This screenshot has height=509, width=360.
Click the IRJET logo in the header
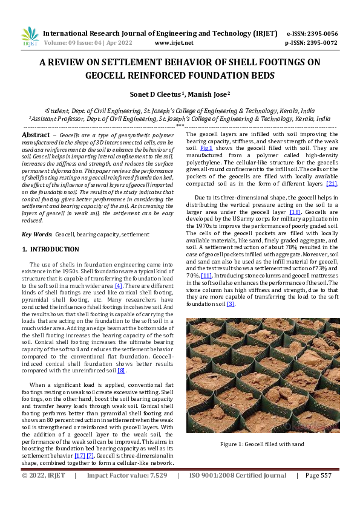pos(30,37)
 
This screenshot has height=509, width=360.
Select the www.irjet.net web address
pos(174,43)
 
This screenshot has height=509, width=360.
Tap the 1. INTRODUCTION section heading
pos(51,249)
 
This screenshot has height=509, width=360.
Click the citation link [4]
pos(119,285)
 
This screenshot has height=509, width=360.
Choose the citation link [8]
pos(122,371)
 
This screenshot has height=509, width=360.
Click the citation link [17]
pos(79,455)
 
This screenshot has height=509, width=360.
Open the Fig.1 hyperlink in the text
pos(208,148)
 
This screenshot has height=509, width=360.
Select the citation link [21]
pos(332,183)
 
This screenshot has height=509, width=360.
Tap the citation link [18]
pos(295,213)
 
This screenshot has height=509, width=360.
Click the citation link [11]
pos(206,276)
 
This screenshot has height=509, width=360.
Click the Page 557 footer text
pos(318,476)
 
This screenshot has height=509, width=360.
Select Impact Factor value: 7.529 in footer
pos(126,476)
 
